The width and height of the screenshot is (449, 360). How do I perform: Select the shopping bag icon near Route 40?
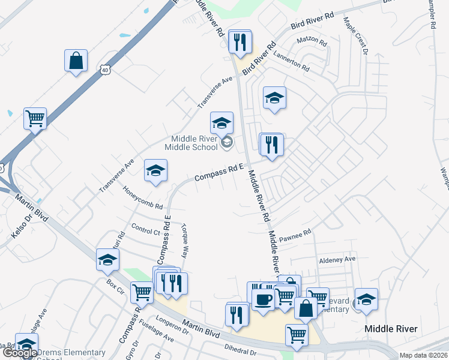[76, 61]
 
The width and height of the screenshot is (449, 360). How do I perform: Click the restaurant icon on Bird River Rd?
[240, 42]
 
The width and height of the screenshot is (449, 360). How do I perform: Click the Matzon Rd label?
[312, 42]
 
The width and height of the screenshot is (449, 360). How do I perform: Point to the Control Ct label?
[145, 230]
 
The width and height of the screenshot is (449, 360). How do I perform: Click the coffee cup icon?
[262, 298]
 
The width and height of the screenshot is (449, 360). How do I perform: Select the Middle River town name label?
[391, 329]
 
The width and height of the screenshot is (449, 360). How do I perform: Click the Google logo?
[20, 353]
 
